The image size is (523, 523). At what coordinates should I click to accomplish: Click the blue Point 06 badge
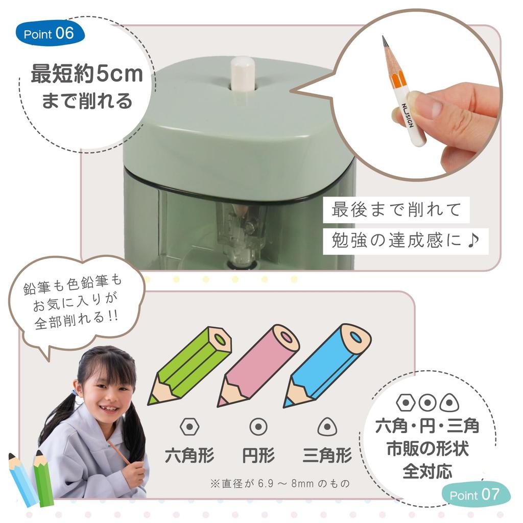(50, 34)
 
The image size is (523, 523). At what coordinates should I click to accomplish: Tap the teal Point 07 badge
(475, 494)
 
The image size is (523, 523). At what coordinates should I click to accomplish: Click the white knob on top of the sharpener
(243, 74)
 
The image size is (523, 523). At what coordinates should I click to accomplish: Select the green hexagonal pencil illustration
(190, 364)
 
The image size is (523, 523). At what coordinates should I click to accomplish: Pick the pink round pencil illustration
(258, 364)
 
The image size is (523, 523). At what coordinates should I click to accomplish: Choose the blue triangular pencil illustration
(327, 364)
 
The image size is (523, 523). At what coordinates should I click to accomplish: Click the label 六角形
(189, 455)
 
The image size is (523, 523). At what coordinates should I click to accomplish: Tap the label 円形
(258, 455)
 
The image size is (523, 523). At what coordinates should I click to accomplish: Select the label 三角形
(327, 455)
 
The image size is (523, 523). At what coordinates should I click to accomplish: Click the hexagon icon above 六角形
(189, 426)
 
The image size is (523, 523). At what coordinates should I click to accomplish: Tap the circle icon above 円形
(258, 426)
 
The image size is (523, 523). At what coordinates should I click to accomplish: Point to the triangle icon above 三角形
(327, 426)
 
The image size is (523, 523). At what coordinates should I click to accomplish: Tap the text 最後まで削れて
(396, 209)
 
